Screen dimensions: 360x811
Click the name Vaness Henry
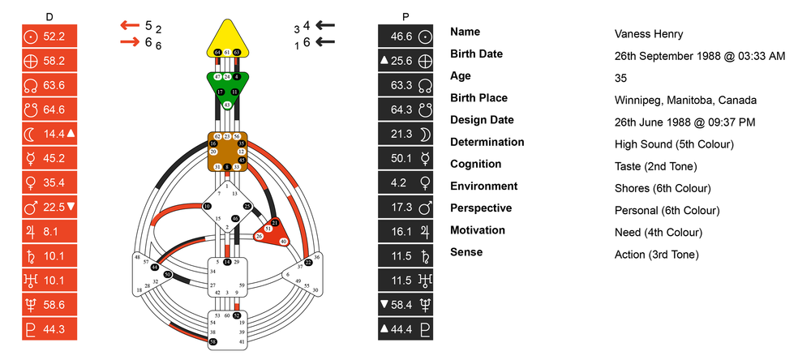point(648,34)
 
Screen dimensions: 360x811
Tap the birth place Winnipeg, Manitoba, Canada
point(685,100)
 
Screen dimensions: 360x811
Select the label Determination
point(487,142)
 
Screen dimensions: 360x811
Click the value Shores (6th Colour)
point(663,188)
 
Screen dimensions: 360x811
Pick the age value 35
point(622,78)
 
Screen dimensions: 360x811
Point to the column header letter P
point(405,15)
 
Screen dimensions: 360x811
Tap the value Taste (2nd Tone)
point(655,166)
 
